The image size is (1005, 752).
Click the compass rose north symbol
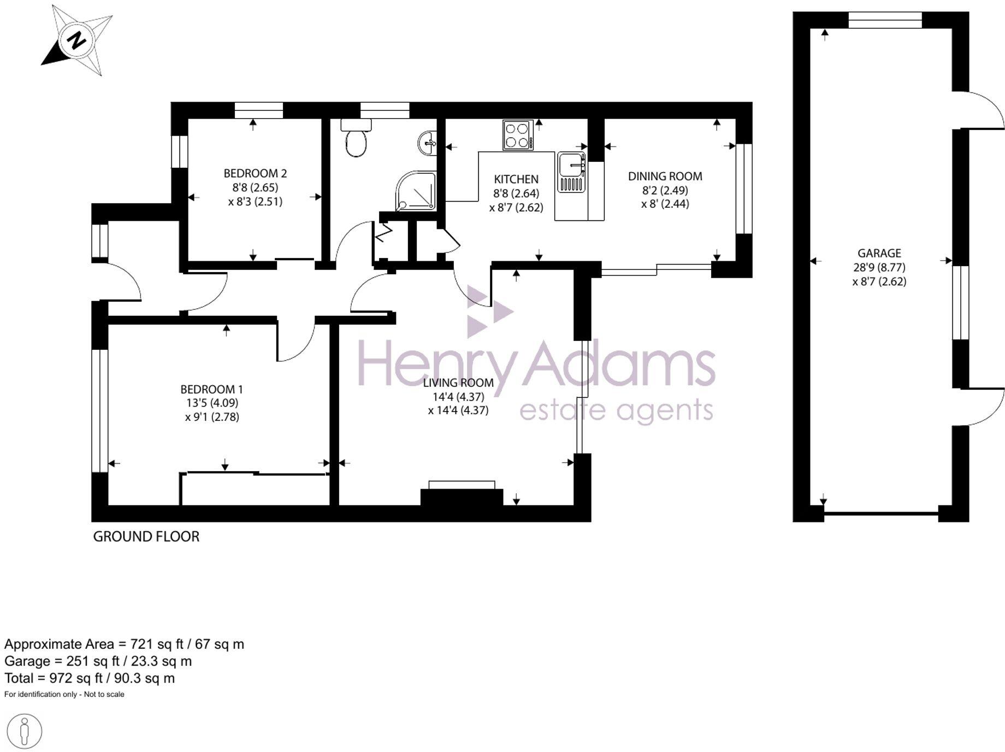tap(77, 40)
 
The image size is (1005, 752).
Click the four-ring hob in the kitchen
tap(518, 135)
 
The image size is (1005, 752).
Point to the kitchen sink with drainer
tap(571, 173)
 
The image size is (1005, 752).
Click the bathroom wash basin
tap(428, 144)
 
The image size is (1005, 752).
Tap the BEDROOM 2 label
tap(255, 174)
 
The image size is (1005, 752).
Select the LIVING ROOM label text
tap(458, 383)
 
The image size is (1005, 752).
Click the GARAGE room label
tap(879, 254)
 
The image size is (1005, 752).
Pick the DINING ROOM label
tap(665, 177)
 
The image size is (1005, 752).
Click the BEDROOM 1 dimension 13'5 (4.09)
tap(212, 403)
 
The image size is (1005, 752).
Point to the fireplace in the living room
tap(462, 495)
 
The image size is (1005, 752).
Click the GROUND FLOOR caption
tap(146, 537)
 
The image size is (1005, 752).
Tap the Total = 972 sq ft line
tap(90, 679)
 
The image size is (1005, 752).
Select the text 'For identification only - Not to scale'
tap(64, 695)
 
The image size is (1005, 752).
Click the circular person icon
tap(25, 731)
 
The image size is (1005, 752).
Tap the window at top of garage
tap(885, 20)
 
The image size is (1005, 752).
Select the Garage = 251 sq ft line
tap(98, 661)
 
